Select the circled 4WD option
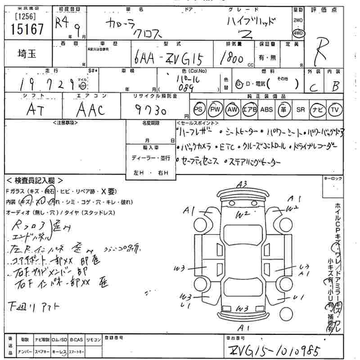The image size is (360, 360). (x=297, y=33)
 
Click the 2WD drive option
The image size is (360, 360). (x=297, y=21)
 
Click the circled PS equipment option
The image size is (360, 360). (x=198, y=109)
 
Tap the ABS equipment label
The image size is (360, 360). (x=266, y=109)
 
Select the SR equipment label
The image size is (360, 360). (x=300, y=109)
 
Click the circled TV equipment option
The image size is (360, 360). (x=334, y=109)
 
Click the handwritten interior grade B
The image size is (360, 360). (x=335, y=86)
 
